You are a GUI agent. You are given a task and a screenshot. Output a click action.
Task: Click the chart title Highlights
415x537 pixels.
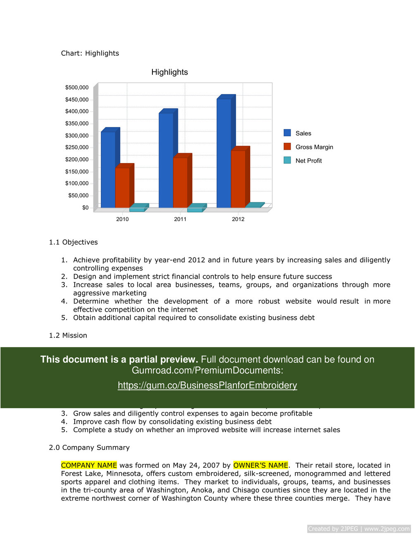[169, 72]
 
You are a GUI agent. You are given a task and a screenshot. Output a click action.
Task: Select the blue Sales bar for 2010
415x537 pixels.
[108, 169]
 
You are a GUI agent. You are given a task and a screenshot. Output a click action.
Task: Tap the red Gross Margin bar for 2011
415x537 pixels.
[180, 182]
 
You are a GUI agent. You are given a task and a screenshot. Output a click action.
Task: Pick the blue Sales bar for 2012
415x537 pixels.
[224, 153]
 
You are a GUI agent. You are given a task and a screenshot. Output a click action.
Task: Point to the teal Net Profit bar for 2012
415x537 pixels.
[254, 205]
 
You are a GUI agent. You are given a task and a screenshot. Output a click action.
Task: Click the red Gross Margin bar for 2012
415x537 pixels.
[238, 179]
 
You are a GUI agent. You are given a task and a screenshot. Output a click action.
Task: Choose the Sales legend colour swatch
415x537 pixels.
[287, 133]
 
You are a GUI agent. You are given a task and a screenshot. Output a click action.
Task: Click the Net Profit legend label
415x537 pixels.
[308, 161]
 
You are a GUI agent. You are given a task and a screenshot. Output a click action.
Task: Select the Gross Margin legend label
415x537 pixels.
[314, 147]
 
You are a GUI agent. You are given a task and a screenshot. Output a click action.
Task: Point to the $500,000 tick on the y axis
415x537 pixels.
[77, 88]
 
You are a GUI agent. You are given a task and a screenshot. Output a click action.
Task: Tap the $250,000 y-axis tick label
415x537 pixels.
[77, 147]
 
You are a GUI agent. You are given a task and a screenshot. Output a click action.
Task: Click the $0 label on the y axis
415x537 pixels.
[85, 208]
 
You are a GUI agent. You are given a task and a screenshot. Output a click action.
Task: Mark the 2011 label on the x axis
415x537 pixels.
[180, 219]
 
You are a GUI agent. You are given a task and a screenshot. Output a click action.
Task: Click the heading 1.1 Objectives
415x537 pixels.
[73, 242]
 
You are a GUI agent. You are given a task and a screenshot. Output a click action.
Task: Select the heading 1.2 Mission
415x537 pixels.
[68, 336]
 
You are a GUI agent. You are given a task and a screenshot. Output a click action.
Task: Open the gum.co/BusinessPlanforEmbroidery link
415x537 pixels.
[207, 386]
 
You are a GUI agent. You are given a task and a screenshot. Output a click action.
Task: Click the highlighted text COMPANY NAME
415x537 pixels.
[89, 465]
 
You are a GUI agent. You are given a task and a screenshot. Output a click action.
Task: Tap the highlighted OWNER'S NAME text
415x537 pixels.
[261, 465]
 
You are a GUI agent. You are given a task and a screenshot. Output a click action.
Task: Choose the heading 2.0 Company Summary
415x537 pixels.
[89, 447]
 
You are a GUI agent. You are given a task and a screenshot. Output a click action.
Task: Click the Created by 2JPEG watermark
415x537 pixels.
[359, 529]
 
